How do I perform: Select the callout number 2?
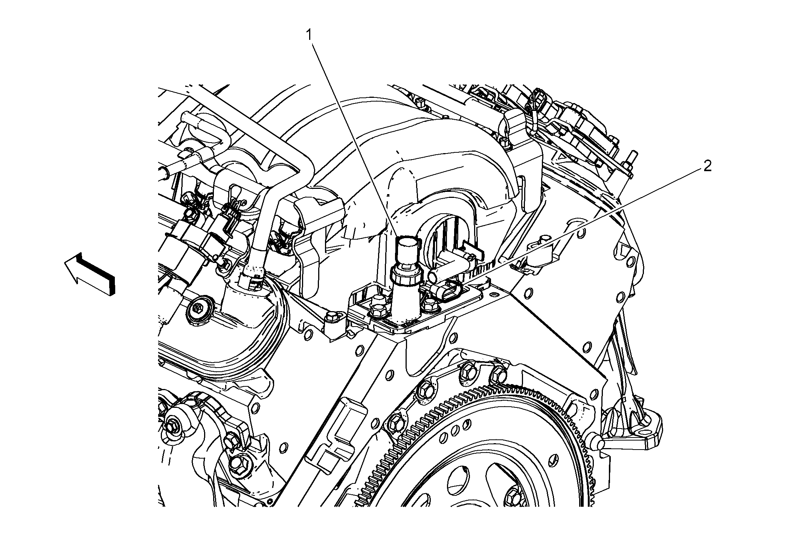click(708, 166)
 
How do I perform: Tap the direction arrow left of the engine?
click(90, 273)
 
